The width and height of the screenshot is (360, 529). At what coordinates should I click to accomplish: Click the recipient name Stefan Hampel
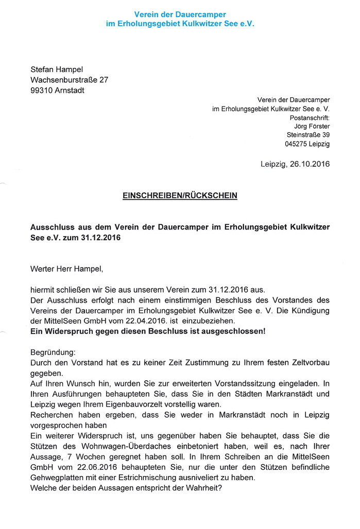(x=57, y=69)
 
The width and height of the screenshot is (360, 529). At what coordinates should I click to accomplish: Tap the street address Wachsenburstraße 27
(x=70, y=80)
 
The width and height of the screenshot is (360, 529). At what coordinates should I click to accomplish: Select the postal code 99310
(x=42, y=91)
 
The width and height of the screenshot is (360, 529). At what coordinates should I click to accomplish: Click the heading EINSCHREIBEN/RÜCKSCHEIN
(x=180, y=196)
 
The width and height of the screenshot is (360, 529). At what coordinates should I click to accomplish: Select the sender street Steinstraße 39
(x=308, y=135)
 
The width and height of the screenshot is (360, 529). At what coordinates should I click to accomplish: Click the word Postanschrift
(x=310, y=117)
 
